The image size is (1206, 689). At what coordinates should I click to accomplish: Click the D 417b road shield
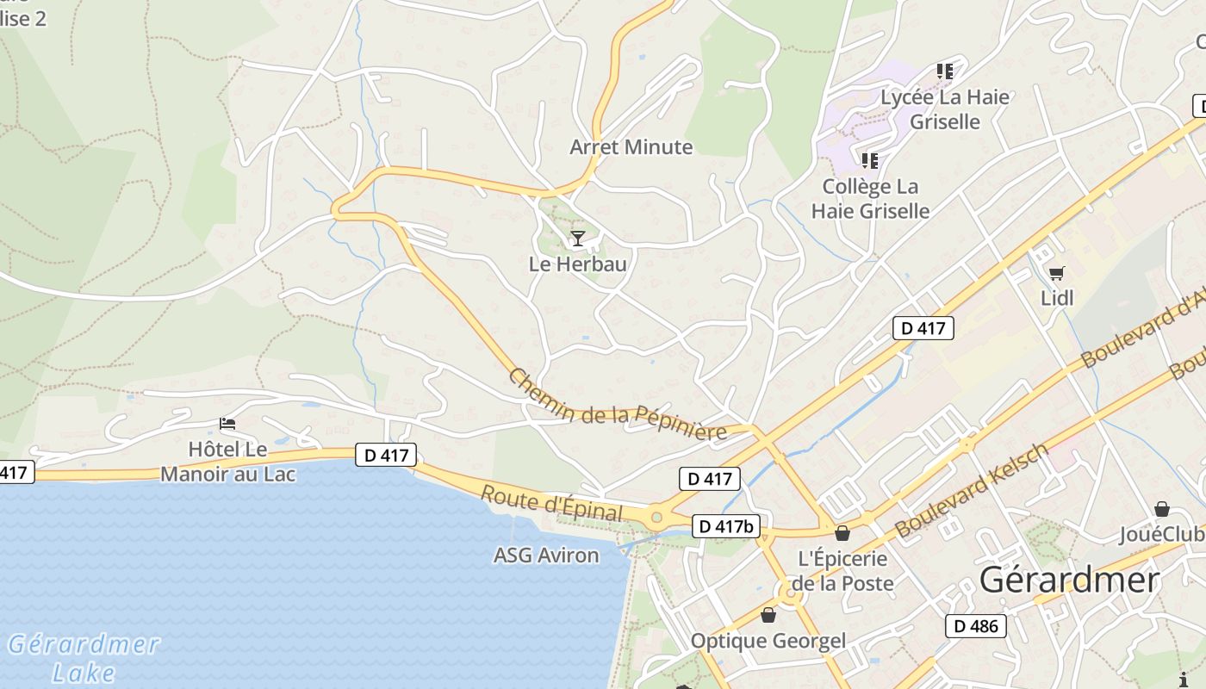[724, 526]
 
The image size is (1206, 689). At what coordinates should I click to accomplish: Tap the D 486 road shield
[976, 626]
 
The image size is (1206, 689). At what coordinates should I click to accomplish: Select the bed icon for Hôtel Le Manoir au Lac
[227, 423]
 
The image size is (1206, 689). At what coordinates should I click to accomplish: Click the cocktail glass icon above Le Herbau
[577, 239]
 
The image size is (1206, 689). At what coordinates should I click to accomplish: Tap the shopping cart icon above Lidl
[1057, 273]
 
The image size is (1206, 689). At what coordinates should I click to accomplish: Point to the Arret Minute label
[631, 146]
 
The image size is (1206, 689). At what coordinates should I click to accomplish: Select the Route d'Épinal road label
[551, 504]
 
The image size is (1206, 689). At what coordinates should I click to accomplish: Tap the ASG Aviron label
[545, 556]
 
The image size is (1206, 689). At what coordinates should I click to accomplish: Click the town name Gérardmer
[1069, 580]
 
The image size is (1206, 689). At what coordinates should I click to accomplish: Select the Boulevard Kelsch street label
[973, 491]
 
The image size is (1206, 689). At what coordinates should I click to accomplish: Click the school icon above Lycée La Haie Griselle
[945, 71]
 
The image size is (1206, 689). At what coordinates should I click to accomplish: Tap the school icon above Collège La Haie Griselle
[870, 160]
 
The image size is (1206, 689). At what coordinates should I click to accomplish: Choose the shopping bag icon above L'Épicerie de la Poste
[842, 533]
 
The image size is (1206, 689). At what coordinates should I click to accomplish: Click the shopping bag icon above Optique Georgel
[768, 615]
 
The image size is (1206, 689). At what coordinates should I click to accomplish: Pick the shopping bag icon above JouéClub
[1161, 509]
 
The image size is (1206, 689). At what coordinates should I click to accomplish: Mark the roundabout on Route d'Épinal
[656, 517]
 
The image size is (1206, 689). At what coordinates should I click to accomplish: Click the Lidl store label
[1057, 298]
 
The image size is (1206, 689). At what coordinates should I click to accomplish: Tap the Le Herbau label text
[577, 264]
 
